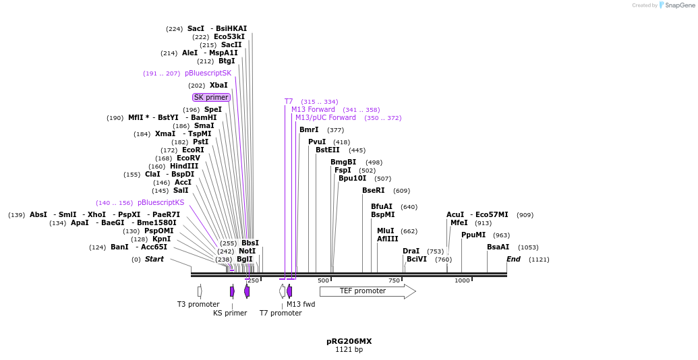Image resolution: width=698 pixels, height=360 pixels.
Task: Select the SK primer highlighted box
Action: click(x=211, y=98)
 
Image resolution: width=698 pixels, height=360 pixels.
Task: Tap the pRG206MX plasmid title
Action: click(x=349, y=341)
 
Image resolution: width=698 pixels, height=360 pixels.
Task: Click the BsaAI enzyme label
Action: click(x=498, y=247)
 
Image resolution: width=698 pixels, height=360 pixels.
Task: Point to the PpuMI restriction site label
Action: click(x=473, y=235)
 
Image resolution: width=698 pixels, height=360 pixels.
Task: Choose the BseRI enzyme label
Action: click(x=373, y=191)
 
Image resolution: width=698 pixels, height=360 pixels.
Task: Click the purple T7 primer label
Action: click(x=289, y=102)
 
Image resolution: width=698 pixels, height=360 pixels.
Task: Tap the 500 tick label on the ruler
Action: click(x=323, y=280)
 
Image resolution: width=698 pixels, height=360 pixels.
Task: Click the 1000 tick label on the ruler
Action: click(x=461, y=280)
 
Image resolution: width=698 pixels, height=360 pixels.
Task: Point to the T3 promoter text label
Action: click(x=198, y=305)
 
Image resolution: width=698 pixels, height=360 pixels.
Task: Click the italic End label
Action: click(x=513, y=260)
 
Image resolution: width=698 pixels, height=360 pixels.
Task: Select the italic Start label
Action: click(x=154, y=260)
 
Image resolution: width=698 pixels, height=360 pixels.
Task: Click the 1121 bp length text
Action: click(x=349, y=350)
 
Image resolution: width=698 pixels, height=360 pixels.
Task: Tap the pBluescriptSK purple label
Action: click(x=208, y=73)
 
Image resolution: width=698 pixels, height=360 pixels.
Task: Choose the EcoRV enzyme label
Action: click(x=188, y=158)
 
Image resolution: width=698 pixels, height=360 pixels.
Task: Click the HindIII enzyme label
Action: click(x=184, y=167)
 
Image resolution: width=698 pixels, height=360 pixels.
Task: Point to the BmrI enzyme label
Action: click(x=309, y=130)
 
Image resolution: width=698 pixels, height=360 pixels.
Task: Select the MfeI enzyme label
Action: click(x=459, y=223)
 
